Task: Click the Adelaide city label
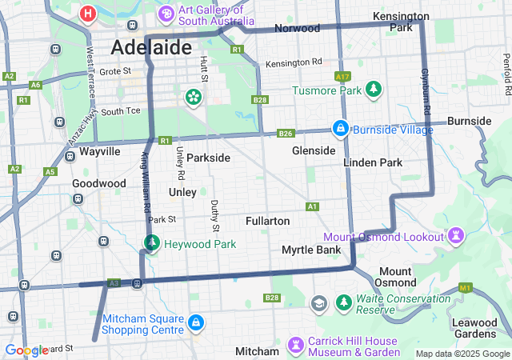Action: pos(151,47)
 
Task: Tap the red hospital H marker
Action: pos(88,14)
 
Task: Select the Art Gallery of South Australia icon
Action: pos(166,14)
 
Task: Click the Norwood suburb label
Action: pos(297,28)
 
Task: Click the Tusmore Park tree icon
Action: pos(371,89)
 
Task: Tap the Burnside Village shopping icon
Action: pos(340,127)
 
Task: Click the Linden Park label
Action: pos(372,162)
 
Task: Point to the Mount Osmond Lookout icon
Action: pos(456,236)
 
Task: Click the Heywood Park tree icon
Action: pos(151,242)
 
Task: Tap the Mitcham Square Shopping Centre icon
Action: pos(196,322)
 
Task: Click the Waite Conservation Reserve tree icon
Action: pos(344,303)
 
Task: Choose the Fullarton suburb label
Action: pos(267,220)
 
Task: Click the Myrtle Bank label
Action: pos(311,250)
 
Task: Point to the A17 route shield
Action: pos(343,76)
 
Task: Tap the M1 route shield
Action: pos(466,287)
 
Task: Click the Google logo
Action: pos(26,350)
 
